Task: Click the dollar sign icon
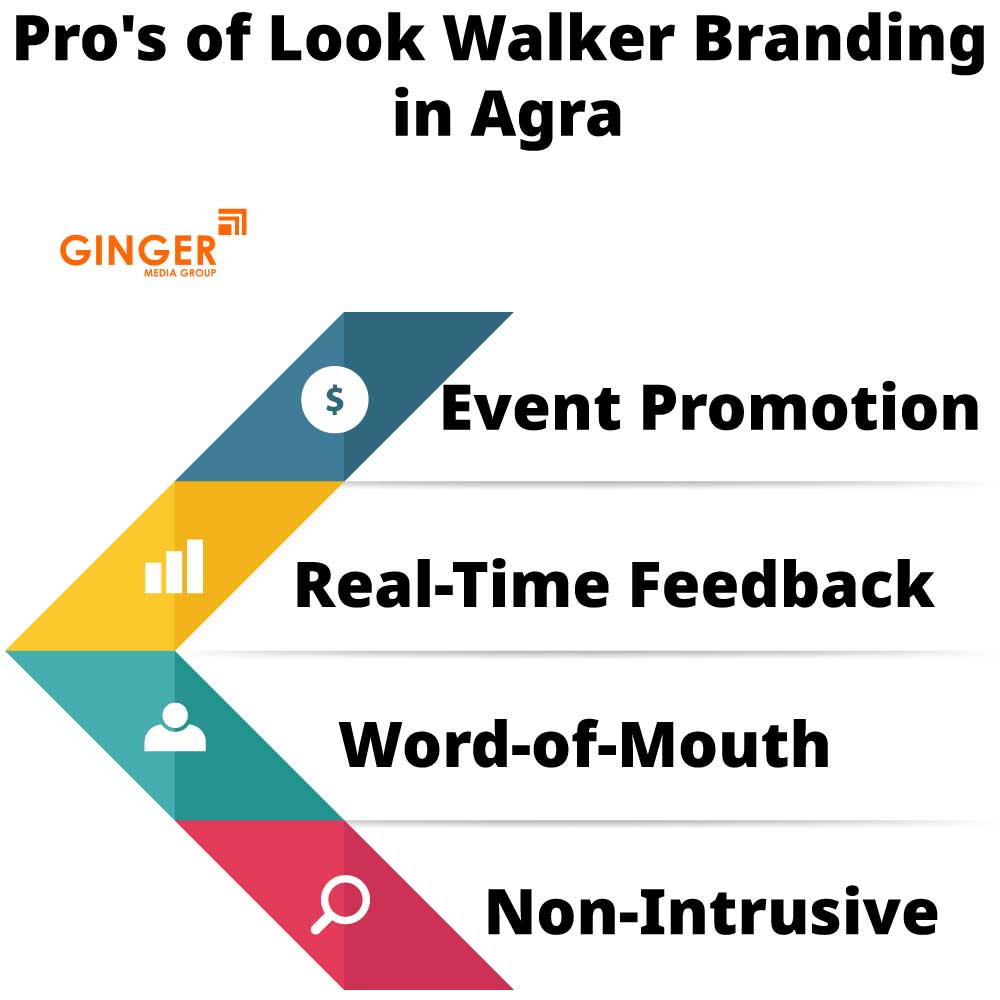pos(335,400)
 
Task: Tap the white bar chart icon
pos(174,567)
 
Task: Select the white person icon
pos(175,728)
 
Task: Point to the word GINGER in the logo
pos(138,250)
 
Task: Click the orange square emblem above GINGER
pos(232,222)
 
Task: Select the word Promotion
pos(808,408)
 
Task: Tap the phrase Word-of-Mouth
pos(585,745)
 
